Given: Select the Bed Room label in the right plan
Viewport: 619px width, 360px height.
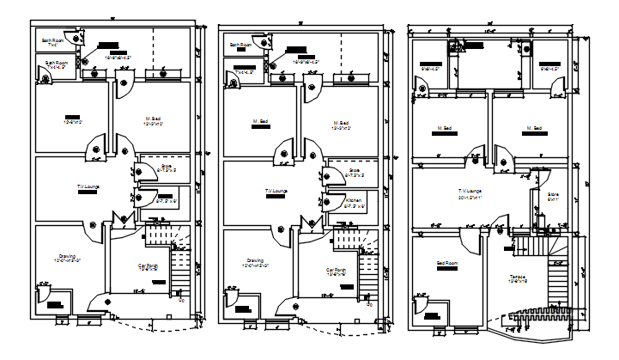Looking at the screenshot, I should pyautogui.click(x=447, y=265).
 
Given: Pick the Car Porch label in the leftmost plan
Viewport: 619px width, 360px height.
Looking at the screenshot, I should pyautogui.click(x=149, y=266).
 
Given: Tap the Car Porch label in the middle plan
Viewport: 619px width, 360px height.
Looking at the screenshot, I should pyautogui.click(x=336, y=270).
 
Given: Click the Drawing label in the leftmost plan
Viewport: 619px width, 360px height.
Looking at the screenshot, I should pyautogui.click(x=70, y=256).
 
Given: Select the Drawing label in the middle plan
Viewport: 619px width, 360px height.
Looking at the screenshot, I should pyautogui.click(x=255, y=261).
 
